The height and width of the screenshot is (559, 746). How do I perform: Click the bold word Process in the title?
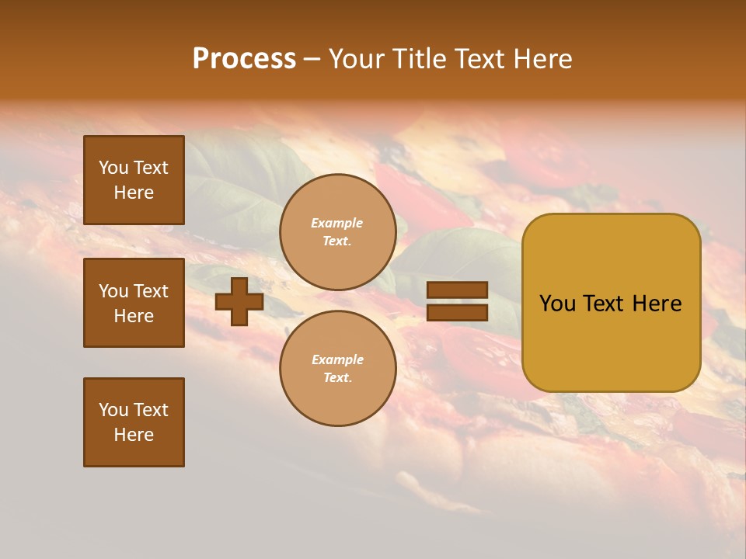pyautogui.click(x=244, y=59)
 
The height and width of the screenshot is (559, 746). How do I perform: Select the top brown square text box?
pyautogui.click(x=134, y=180)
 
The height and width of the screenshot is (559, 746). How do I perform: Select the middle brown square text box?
pyautogui.click(x=134, y=303)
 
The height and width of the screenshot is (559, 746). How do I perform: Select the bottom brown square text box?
pyautogui.click(x=134, y=422)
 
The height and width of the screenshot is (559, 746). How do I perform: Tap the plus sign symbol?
pyautogui.click(x=239, y=301)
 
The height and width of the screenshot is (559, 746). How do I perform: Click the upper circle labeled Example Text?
pyautogui.click(x=337, y=232)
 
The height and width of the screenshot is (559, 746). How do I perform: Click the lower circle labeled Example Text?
pyautogui.click(x=337, y=368)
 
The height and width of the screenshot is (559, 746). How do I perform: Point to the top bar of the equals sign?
pyautogui.click(x=457, y=290)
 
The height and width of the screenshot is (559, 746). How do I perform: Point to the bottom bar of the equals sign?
pyautogui.click(x=457, y=312)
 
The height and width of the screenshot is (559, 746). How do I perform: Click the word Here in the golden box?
pyautogui.click(x=657, y=304)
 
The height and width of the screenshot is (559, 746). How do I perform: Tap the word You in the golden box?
pyautogui.click(x=557, y=304)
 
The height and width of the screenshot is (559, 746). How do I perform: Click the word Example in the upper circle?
pyautogui.click(x=337, y=224)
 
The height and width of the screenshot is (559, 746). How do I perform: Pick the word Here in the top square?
pyautogui.click(x=134, y=193)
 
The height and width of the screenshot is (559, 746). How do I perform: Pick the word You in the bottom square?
pyautogui.click(x=113, y=410)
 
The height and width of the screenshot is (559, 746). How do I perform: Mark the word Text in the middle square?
pyautogui.click(x=151, y=291)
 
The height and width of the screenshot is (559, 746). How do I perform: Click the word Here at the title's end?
pyautogui.click(x=541, y=59)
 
